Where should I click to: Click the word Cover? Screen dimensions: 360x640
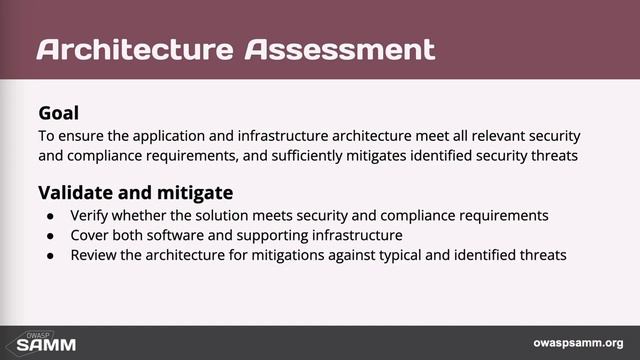click(x=89, y=235)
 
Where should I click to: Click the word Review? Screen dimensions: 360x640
click(x=93, y=255)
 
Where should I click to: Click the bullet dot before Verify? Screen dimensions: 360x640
click(x=51, y=216)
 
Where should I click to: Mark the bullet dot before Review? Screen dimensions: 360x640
click(x=51, y=256)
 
